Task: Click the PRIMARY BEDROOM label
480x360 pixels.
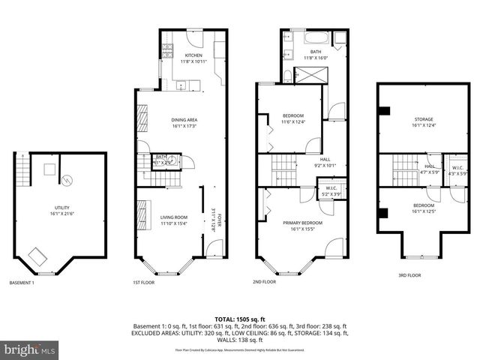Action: [302, 223]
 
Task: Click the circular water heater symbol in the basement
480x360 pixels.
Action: [67, 180]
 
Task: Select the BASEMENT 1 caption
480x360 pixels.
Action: [21, 283]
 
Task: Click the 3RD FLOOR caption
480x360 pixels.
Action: [409, 275]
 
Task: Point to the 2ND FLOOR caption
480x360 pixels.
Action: [265, 283]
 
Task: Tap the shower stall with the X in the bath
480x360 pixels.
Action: [307, 75]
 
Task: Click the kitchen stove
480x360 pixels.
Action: [167, 51]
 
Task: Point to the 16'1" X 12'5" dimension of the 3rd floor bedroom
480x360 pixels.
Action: [424, 209]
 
